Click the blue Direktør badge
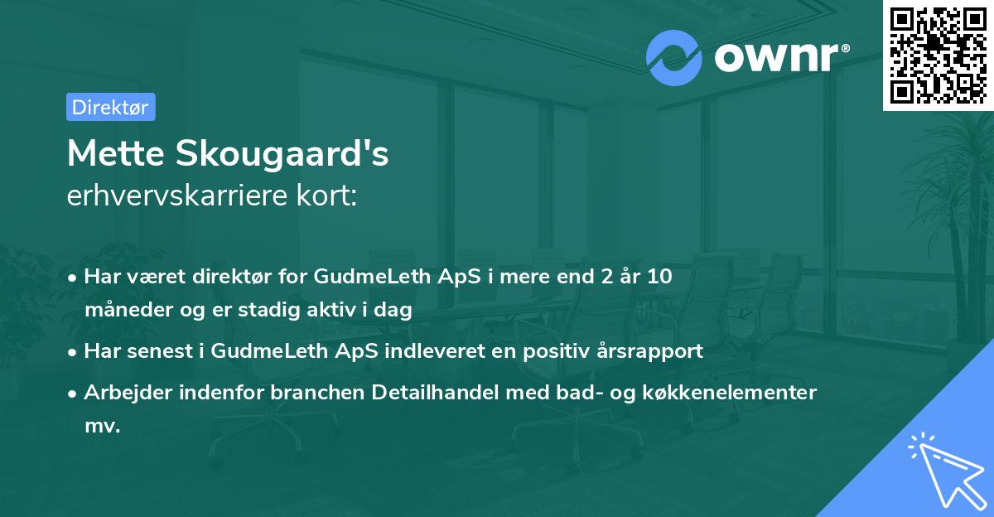point(110,107)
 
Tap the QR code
point(938,55)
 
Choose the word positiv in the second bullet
point(543,350)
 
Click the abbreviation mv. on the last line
point(102,427)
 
